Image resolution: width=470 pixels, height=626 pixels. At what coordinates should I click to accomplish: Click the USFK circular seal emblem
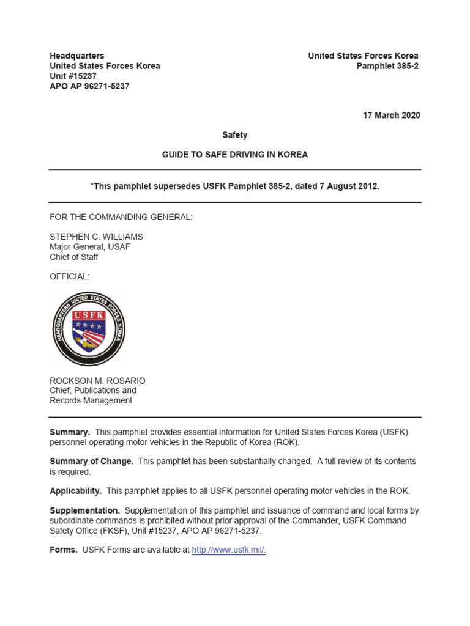[89, 328]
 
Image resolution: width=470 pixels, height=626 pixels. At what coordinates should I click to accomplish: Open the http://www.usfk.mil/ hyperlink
[228, 550]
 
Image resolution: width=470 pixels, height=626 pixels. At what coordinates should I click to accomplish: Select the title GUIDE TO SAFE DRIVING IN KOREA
[234, 155]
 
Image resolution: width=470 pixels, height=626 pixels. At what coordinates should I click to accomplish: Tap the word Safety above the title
[234, 135]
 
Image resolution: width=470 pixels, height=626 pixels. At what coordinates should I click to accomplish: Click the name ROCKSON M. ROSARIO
[97, 380]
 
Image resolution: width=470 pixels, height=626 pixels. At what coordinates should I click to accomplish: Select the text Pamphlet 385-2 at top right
[387, 66]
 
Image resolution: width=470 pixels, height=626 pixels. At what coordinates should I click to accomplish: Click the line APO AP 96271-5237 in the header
[89, 86]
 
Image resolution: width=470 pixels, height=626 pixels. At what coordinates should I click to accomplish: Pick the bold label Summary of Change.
[91, 462]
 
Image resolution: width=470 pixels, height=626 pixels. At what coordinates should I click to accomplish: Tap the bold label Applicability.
[75, 491]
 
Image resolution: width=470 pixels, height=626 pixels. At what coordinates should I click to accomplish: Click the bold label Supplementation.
[84, 510]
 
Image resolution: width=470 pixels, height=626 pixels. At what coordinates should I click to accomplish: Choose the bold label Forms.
[63, 550]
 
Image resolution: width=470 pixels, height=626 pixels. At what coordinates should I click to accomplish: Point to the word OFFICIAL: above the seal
[69, 277]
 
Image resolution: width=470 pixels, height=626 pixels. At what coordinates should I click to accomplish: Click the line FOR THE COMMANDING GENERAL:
[121, 217]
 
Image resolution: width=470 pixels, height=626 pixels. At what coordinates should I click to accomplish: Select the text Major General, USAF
[89, 247]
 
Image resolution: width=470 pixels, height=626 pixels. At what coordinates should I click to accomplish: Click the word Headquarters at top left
[76, 56]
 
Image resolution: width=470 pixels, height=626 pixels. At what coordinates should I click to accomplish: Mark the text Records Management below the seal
[91, 400]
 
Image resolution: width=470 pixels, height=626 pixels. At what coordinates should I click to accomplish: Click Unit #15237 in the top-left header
[73, 76]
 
